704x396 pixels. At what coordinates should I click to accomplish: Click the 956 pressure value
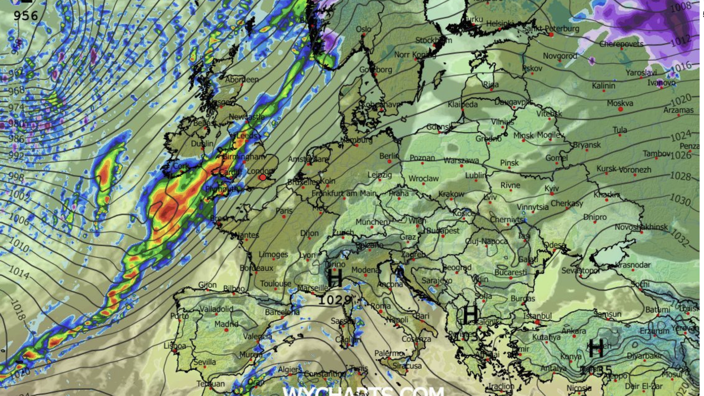(x=26, y=15)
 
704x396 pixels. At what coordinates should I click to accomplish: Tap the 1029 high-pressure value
(x=335, y=300)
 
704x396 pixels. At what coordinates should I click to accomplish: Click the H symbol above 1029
(x=335, y=278)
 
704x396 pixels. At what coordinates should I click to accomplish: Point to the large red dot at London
(x=262, y=178)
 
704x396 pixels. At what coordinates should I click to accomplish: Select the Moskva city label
(x=620, y=104)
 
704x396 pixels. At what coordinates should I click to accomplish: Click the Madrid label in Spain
(x=226, y=324)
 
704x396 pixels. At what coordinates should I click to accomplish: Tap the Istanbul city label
(x=537, y=316)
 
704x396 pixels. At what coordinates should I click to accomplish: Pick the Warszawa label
(x=461, y=161)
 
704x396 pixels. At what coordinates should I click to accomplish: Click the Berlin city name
(x=390, y=156)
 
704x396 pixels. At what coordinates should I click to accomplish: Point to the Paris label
(x=284, y=211)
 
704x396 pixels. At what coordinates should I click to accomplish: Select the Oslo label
(x=364, y=29)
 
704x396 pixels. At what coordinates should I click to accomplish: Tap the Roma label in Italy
(x=381, y=306)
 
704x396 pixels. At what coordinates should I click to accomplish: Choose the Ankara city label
(x=573, y=331)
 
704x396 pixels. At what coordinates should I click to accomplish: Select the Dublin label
(x=202, y=144)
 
